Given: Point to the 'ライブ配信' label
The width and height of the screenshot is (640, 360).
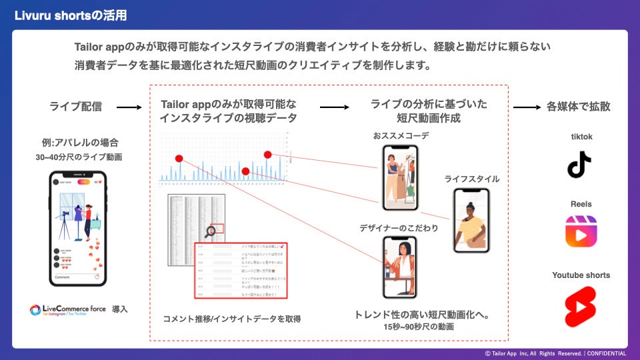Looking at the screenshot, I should coord(76,107).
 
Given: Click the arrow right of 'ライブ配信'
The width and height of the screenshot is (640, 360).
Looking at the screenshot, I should coord(129,107).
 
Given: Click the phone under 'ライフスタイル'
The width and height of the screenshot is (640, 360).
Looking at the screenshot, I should coord(471,221).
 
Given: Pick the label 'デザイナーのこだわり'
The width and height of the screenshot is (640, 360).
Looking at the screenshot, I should coord(399,228).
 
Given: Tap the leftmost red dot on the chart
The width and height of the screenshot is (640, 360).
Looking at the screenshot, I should coord(179,158).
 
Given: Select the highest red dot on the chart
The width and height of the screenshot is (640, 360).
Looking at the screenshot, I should coord(267,155).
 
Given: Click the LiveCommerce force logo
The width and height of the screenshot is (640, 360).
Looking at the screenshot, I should coord(69,310).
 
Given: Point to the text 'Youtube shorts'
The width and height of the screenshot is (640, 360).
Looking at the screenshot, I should coord(581,275).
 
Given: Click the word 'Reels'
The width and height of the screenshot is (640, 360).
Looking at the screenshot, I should coord(581,204).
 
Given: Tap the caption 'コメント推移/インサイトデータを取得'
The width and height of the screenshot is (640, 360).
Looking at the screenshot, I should coord(231,319).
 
